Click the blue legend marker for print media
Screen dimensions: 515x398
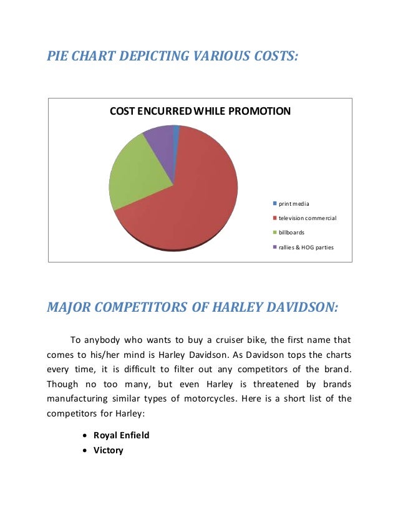(274, 204)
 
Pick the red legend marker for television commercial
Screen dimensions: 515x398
(274, 218)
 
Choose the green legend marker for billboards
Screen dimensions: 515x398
(274, 233)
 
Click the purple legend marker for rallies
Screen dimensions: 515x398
(274, 248)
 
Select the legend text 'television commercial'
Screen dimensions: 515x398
(308, 218)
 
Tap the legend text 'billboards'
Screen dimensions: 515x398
(291, 233)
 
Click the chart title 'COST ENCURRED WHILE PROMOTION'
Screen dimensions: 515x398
(200, 112)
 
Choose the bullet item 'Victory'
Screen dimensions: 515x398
(109, 450)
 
